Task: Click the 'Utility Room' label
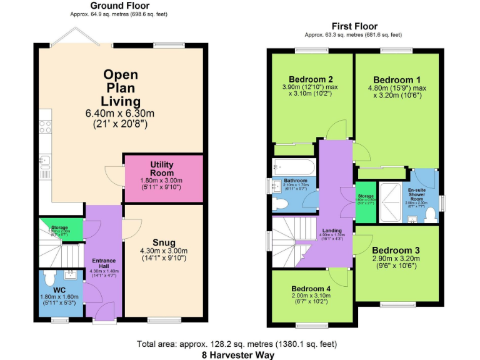(161, 169)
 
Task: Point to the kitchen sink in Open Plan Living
(44, 162)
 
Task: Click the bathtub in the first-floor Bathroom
(294, 167)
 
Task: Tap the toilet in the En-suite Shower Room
(429, 214)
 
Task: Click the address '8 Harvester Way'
(237, 353)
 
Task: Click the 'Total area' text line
(237, 344)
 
